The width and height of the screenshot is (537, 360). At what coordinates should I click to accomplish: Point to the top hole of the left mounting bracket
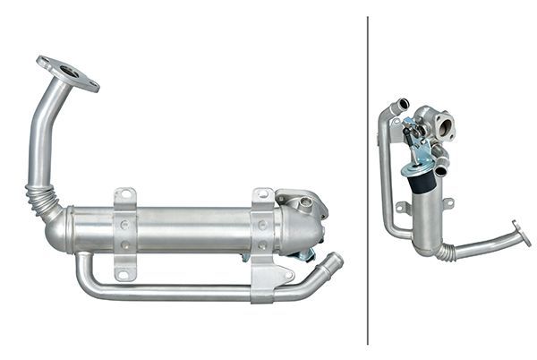124,197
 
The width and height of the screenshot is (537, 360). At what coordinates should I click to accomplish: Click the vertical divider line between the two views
368,179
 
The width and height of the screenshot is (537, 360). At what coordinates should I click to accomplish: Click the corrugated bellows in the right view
444,252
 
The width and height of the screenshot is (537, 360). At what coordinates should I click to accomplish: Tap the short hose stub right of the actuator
441,163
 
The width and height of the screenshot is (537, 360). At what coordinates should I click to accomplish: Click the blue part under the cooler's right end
306,256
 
